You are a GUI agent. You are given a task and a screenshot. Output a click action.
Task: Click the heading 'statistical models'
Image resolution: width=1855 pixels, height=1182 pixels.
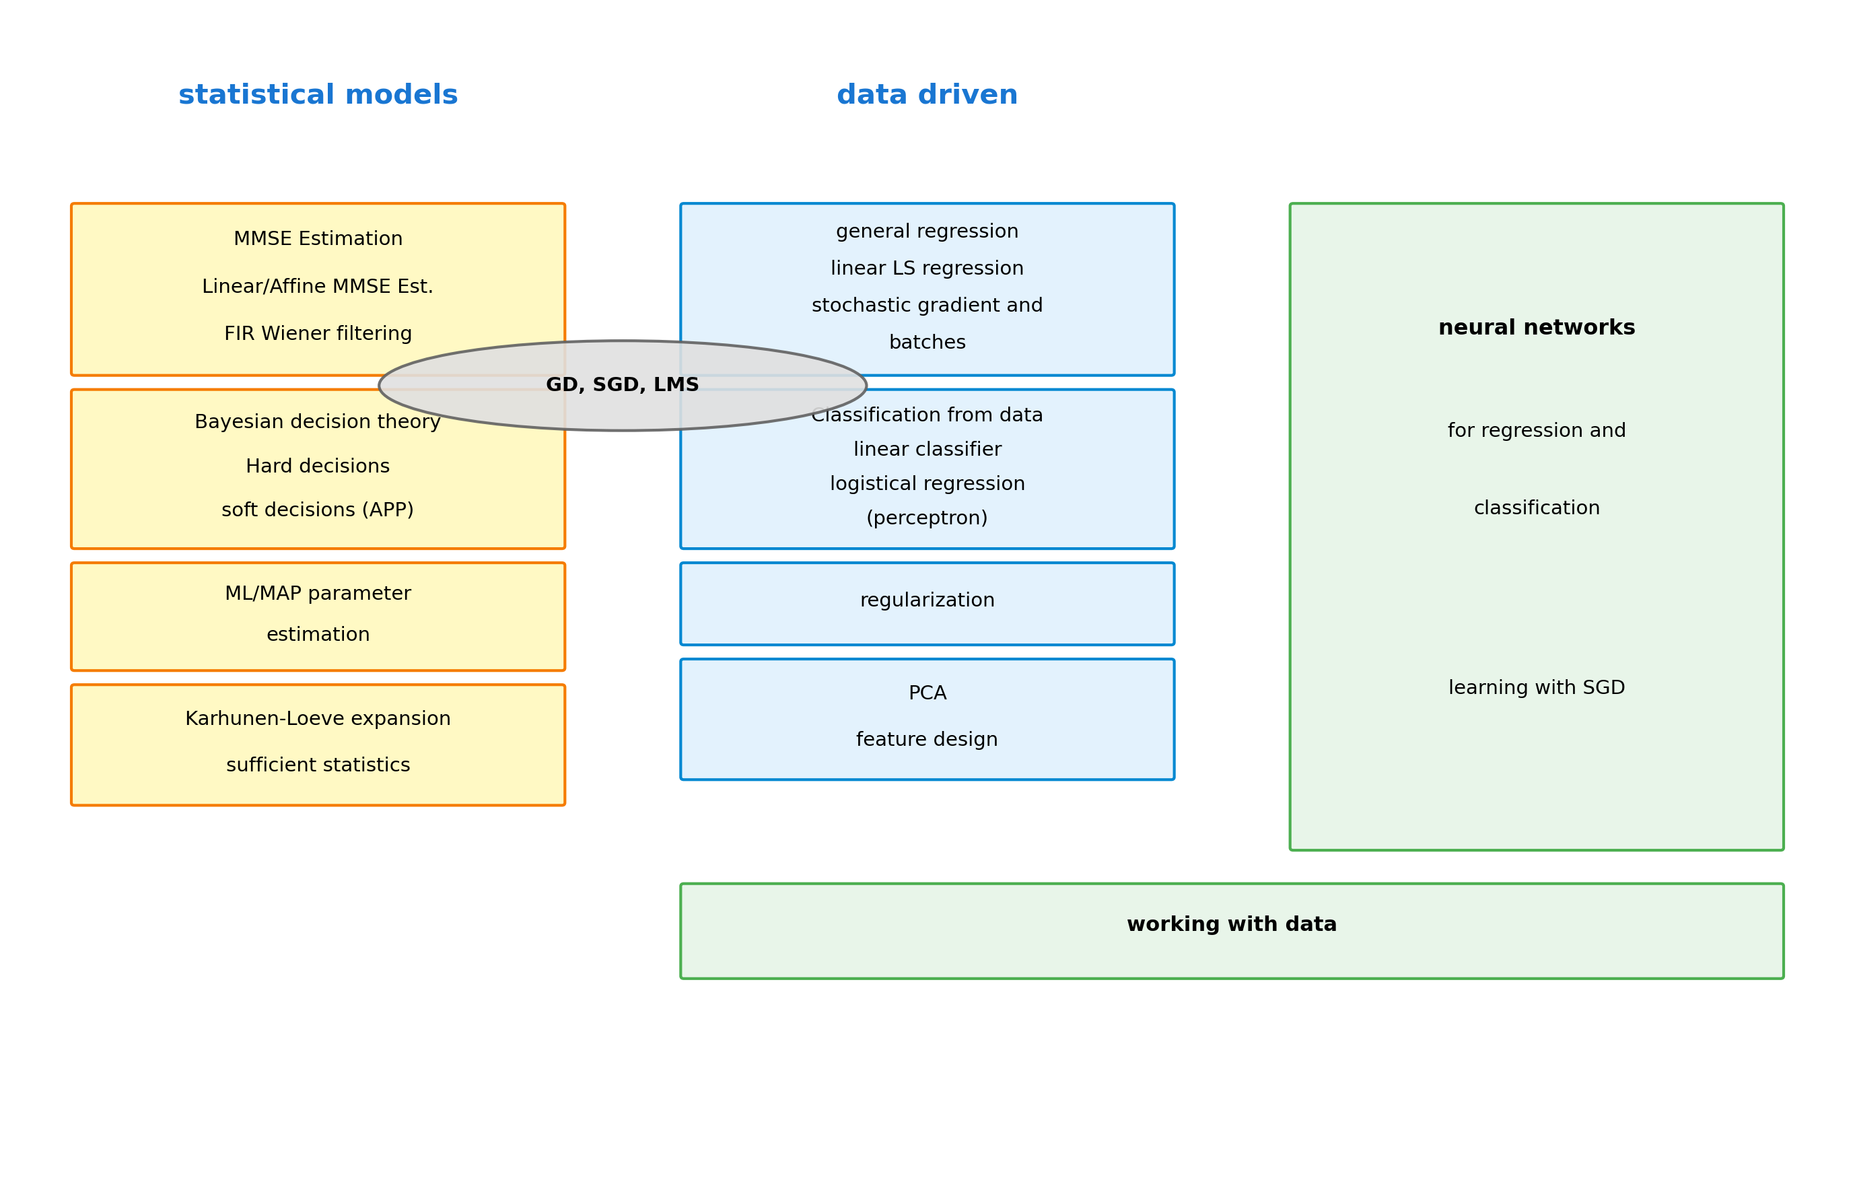pos(318,95)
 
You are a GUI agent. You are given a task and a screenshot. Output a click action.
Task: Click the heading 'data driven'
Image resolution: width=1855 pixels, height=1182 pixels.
pos(927,95)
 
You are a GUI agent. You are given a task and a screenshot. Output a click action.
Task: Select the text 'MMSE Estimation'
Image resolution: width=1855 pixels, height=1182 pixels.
pos(318,239)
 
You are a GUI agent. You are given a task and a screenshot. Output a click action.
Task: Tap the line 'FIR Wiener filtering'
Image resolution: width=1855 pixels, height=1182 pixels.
pos(318,334)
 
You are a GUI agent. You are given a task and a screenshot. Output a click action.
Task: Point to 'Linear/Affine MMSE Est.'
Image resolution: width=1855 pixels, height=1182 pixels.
pos(318,287)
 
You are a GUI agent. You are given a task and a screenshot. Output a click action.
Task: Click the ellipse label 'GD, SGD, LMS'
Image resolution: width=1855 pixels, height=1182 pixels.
pos(622,385)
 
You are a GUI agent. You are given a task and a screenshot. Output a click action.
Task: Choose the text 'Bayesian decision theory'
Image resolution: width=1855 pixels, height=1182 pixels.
pos(318,422)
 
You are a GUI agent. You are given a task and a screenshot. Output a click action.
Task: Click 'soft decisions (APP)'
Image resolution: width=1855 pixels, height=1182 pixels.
pos(318,510)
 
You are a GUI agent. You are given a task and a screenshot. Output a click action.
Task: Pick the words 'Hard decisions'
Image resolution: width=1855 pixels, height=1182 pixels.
pos(318,466)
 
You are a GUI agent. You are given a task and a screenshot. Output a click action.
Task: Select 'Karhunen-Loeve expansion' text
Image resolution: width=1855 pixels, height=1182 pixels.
pos(318,719)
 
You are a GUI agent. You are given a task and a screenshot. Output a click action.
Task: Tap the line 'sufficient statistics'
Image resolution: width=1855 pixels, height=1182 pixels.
pos(318,765)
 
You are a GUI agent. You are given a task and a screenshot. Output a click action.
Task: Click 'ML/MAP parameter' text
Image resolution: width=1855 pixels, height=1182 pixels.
pos(318,593)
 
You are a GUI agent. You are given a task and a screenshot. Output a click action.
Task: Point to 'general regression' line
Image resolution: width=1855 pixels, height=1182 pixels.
pos(927,231)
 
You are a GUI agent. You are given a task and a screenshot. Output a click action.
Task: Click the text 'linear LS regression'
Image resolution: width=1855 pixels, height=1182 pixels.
pos(927,268)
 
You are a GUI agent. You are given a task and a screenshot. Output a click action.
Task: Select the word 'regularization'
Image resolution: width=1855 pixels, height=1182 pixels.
pos(927,600)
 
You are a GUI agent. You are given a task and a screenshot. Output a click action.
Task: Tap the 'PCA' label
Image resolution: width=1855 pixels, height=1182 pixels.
pos(927,693)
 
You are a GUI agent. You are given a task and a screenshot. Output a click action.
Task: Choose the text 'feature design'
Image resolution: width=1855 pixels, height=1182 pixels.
pos(927,740)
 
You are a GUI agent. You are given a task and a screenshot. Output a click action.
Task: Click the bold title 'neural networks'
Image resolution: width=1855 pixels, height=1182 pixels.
pos(1536,328)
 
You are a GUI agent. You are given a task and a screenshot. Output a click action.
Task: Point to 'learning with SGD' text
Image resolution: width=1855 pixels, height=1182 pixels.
pos(1536,688)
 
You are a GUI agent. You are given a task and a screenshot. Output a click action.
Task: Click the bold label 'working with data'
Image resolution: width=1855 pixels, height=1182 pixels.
pos(1231,925)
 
